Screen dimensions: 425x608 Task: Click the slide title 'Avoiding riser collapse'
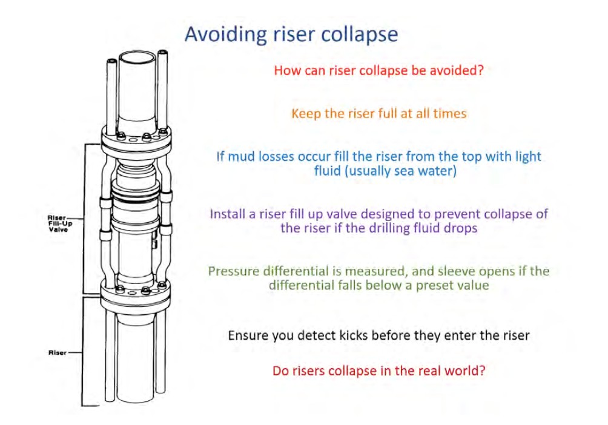(x=291, y=34)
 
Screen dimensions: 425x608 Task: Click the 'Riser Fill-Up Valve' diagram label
(x=59, y=222)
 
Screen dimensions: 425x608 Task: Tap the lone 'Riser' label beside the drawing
(x=58, y=352)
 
